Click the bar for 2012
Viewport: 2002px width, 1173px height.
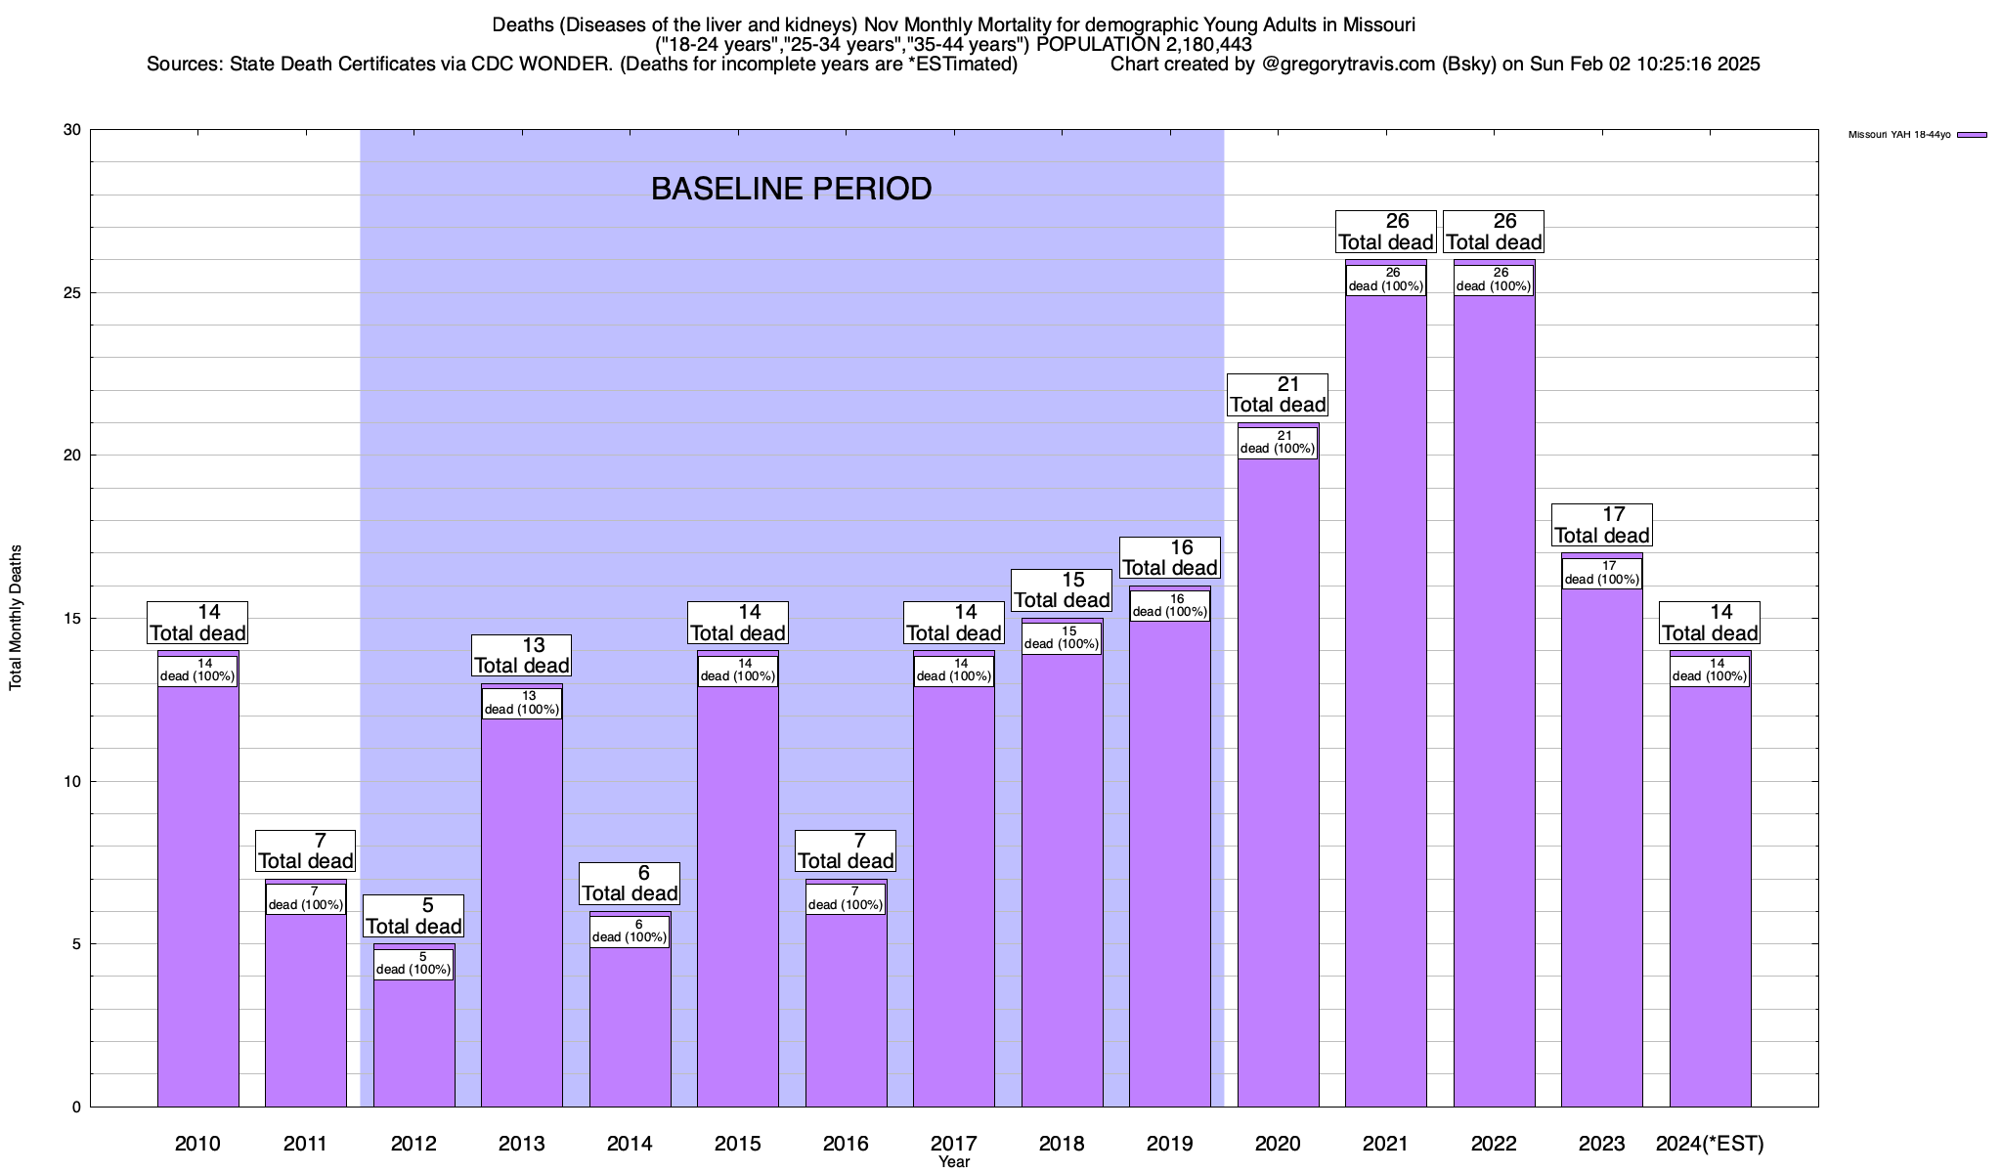click(413, 1041)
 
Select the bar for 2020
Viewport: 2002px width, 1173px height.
click(1278, 782)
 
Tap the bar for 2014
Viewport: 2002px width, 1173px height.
click(630, 1026)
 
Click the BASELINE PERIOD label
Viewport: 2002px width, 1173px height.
click(791, 189)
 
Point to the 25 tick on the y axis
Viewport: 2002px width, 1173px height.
click(74, 293)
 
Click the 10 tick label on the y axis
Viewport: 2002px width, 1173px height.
click(74, 781)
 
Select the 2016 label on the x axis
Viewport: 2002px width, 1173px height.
click(846, 1144)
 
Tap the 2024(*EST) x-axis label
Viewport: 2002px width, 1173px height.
click(1710, 1144)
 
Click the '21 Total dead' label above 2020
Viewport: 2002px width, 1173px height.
click(1278, 395)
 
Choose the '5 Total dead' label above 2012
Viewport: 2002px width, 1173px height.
click(413, 917)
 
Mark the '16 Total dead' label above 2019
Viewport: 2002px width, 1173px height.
click(1169, 558)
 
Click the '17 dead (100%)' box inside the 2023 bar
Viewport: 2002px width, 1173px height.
click(1601, 573)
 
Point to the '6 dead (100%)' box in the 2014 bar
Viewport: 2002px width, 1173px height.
click(630, 932)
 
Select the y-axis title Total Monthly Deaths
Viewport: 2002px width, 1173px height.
click(16, 618)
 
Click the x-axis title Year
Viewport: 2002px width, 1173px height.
click(953, 1162)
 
